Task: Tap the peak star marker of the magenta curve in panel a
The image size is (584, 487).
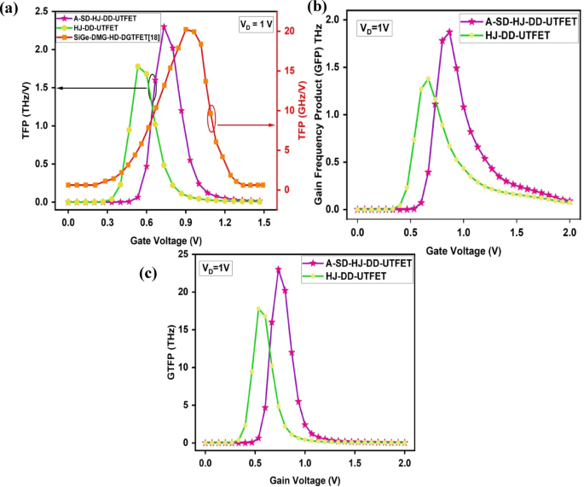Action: tap(164, 26)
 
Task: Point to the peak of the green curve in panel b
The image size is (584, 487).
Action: tap(428, 79)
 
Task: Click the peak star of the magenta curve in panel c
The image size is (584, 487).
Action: tap(278, 270)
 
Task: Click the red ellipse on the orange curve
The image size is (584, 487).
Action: tap(211, 118)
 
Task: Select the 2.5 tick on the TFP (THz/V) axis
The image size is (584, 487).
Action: tap(44, 11)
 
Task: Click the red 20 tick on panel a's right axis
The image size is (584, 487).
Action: tap(290, 31)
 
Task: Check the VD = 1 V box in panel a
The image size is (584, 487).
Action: tap(254, 26)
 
